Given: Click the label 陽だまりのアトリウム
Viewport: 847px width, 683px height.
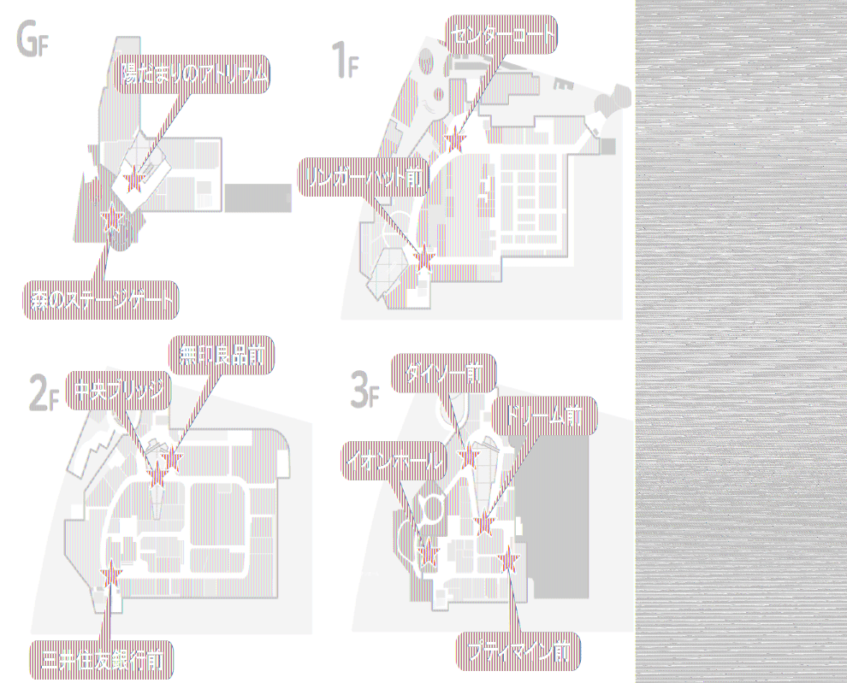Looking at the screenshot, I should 193,76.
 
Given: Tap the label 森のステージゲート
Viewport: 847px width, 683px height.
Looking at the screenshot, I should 102,300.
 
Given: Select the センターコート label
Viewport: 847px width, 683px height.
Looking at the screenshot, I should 501,34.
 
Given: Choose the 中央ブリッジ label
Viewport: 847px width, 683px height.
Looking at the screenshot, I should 118,392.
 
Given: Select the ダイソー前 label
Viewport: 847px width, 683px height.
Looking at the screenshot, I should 443,374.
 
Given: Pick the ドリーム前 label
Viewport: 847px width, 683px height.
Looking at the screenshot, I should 544,416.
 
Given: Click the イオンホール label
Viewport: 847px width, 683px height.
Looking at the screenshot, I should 394,462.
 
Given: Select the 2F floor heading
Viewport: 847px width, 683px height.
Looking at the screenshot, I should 42,394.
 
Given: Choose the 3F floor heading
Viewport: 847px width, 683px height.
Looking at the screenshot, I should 364,392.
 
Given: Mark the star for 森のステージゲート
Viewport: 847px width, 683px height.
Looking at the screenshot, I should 110,221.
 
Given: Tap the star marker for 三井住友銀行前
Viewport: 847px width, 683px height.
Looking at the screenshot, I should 111,575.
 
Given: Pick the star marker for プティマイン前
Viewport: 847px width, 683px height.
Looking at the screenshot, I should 510,560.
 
